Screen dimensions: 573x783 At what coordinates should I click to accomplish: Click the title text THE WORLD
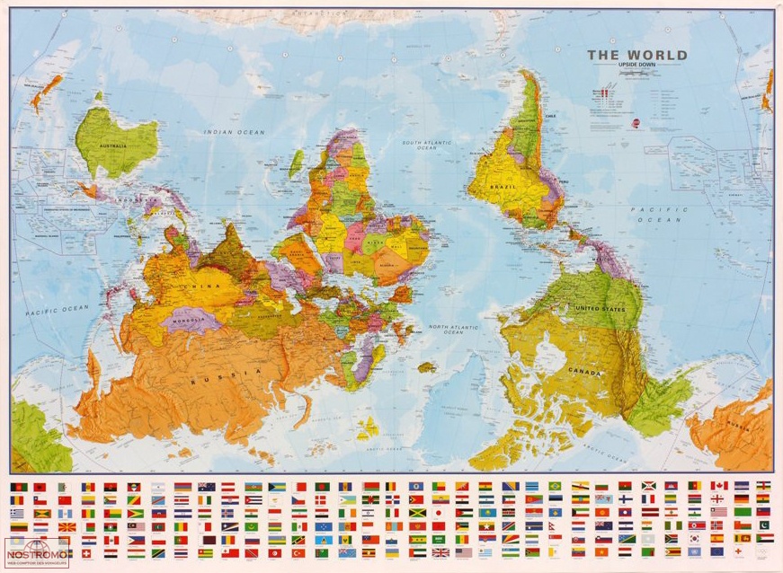(x=637, y=55)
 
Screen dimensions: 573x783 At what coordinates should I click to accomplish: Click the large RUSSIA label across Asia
(x=209, y=382)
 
